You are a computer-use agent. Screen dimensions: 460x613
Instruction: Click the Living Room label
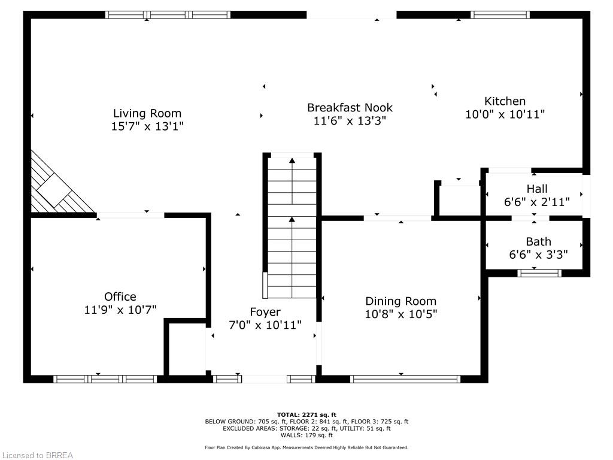click(x=147, y=113)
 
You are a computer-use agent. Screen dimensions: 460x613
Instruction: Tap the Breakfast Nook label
click(x=350, y=107)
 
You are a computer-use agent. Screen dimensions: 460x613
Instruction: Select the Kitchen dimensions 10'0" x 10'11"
click(x=505, y=114)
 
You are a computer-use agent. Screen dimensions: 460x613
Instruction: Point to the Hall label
click(x=537, y=189)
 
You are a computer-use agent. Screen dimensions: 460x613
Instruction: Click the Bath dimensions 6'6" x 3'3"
click(x=538, y=255)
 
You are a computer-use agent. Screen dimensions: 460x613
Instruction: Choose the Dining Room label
click(x=400, y=301)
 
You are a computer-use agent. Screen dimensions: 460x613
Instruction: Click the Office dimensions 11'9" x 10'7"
click(x=120, y=310)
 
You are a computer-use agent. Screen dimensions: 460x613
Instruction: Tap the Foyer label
click(x=265, y=312)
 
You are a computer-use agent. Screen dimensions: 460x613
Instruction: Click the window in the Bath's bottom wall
click(x=539, y=273)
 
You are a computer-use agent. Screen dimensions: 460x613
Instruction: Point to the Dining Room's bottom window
click(x=405, y=379)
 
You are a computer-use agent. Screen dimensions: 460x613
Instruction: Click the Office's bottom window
click(x=105, y=379)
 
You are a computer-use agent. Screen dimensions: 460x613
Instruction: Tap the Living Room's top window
click(x=168, y=15)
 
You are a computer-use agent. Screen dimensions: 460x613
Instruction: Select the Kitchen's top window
click(x=500, y=15)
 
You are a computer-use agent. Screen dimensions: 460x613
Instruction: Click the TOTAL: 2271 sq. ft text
click(x=306, y=414)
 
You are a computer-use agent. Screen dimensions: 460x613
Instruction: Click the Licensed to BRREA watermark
click(x=37, y=455)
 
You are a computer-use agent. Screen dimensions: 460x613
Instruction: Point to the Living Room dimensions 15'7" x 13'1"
click(x=147, y=126)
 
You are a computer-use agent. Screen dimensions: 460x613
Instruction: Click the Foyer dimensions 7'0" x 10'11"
click(x=265, y=325)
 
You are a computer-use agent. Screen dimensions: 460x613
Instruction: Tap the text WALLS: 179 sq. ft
click(x=306, y=435)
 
